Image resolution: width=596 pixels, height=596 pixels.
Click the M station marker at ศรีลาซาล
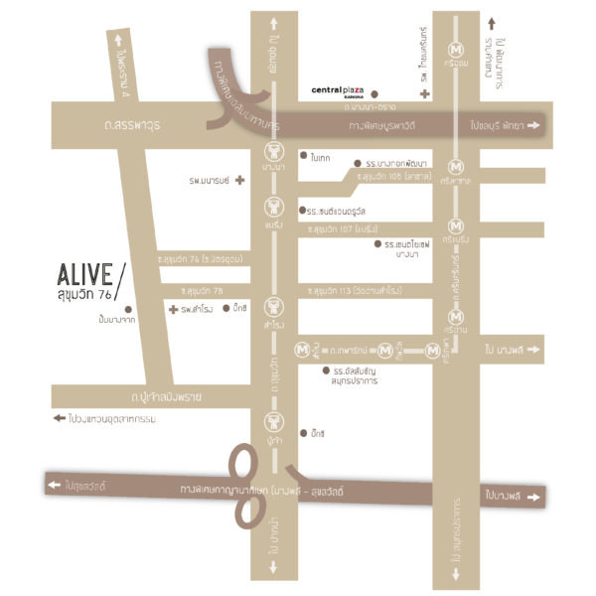tap(457, 166)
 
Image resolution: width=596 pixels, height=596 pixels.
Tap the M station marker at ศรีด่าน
tap(457, 317)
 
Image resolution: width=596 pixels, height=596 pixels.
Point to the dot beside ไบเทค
tap(303, 156)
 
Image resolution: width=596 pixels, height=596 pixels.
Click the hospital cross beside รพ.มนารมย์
tap(238, 181)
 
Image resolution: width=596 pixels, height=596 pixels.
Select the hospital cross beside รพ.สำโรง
tap(174, 310)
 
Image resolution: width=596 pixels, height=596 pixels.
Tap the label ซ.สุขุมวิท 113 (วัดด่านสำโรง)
tap(354, 291)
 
